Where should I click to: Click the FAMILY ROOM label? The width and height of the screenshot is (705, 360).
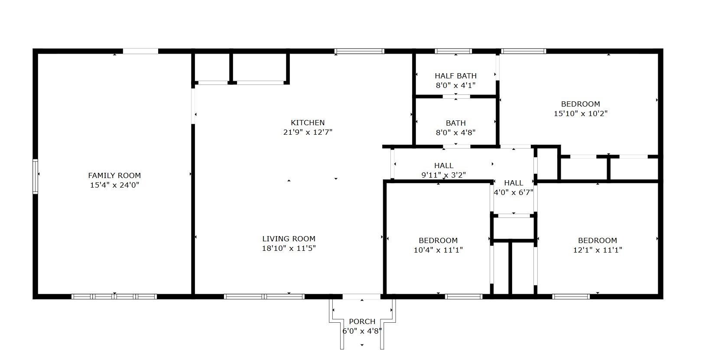coord(114,175)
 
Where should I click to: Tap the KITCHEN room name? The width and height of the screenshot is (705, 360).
coord(308,123)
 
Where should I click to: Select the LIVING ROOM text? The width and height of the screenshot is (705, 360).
coord(289,239)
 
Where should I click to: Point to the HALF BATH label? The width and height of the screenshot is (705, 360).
coord(455,76)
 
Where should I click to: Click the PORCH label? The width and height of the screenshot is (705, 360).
coord(362,321)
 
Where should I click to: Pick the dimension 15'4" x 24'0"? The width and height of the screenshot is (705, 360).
coord(114,185)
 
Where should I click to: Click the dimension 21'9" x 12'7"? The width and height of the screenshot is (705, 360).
coord(308,132)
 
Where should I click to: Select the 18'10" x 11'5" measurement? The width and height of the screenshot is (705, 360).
coord(289,248)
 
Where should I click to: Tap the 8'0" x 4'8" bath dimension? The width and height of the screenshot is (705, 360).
coord(455,133)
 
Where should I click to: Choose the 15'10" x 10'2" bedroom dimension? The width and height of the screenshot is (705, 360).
coord(580,114)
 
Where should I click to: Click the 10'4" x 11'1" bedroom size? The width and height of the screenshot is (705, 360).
coord(438,250)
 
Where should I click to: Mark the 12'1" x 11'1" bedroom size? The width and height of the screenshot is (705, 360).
coord(598,250)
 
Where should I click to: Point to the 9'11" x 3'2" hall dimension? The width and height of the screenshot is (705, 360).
coord(443,175)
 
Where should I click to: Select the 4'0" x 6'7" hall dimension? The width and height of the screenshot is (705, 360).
coord(513,192)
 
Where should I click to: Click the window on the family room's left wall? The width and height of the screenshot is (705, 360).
coord(35,176)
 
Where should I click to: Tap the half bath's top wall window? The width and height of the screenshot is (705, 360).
coord(453,51)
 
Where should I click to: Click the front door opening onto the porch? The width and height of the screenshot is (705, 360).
coord(361,296)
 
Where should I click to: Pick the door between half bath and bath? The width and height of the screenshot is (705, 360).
coord(456,97)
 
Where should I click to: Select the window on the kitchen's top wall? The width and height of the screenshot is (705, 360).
coord(359,51)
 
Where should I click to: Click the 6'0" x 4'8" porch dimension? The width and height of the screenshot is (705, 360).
coord(362,331)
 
